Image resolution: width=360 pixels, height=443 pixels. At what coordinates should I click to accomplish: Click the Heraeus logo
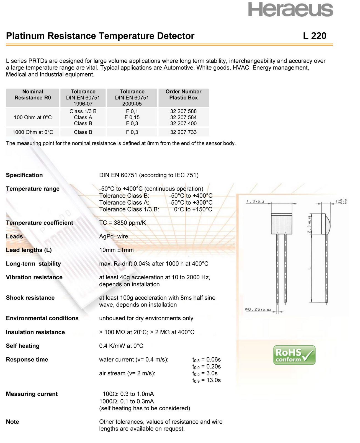[290, 10]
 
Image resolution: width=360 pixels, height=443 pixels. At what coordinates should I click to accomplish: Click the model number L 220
[315, 36]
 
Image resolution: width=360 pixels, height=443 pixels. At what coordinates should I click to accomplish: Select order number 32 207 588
[183, 111]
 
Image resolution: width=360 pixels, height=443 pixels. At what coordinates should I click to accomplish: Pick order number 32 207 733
[183, 132]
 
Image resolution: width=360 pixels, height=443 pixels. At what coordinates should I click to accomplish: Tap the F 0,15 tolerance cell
[132, 117]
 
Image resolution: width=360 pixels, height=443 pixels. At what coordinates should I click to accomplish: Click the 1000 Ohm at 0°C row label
[33, 132]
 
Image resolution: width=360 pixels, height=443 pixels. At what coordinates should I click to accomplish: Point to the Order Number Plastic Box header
[183, 95]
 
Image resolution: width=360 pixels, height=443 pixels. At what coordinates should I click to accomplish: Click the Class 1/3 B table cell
[83, 111]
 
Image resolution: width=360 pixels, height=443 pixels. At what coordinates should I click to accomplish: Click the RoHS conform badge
[294, 355]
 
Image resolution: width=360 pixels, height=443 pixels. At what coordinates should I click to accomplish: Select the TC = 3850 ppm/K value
[122, 223]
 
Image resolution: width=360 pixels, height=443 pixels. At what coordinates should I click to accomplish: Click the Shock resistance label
[30, 298]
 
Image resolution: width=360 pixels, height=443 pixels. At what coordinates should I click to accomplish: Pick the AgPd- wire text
[114, 236]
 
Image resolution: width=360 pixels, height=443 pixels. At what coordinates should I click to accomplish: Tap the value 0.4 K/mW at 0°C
[121, 346]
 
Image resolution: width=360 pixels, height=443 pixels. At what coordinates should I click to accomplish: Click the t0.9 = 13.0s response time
[206, 380]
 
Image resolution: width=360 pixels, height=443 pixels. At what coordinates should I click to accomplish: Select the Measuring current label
[32, 394]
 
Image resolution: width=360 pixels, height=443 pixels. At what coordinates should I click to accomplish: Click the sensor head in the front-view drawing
[282, 223]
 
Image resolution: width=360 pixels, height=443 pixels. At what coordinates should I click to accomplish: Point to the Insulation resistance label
[35, 332]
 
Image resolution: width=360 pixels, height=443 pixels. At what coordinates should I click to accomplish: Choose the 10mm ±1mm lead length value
[116, 250]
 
